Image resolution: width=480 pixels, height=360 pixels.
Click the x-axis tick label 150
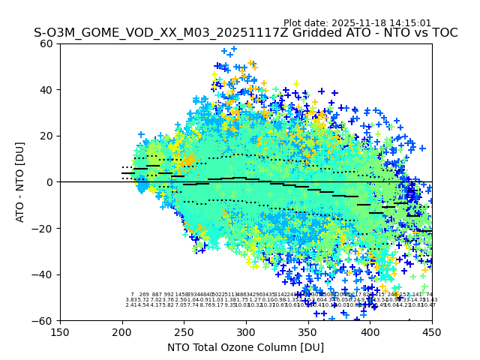[60, 331]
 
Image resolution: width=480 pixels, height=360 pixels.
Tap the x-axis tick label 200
[122, 331]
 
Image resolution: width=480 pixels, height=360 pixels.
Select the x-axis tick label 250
[184, 331]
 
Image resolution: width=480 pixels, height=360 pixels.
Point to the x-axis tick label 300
[246, 331]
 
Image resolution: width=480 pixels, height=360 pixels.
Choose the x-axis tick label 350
[308, 331]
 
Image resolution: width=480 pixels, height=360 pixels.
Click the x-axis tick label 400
[370, 331]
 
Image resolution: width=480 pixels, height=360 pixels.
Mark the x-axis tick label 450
[432, 331]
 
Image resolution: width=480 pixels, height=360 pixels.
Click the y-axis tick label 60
[47, 43]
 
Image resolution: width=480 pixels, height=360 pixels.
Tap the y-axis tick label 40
[47, 90]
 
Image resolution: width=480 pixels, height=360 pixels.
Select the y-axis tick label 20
[47, 136]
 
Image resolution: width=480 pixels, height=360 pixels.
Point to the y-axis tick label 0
[50, 182]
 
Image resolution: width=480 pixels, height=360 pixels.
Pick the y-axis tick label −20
[44, 228]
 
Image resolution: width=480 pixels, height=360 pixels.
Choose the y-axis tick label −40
[44, 274]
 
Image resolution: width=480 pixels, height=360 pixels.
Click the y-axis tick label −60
[44, 320]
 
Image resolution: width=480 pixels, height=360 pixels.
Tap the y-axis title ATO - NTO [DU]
[21, 182]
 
